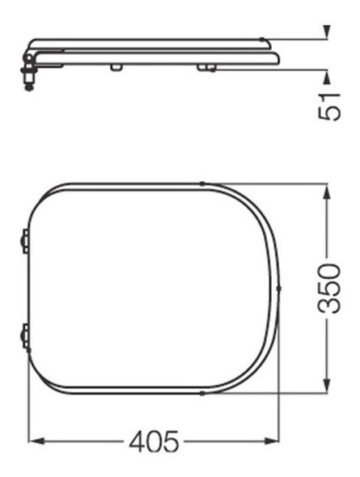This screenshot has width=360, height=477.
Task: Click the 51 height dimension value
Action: point(328,105)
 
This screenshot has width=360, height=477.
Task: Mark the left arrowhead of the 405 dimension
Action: point(34,441)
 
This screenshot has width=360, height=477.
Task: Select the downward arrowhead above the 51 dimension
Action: point(327,33)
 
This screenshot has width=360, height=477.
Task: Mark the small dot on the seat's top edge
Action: point(204,183)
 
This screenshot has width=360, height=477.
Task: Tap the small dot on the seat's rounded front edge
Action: point(278,288)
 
